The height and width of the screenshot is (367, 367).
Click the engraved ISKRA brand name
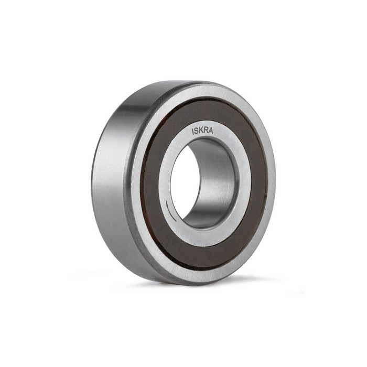[202, 131]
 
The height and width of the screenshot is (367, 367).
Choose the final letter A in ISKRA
[211, 131]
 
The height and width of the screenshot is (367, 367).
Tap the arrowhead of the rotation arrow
[167, 202]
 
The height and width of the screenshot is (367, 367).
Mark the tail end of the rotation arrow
[176, 221]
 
